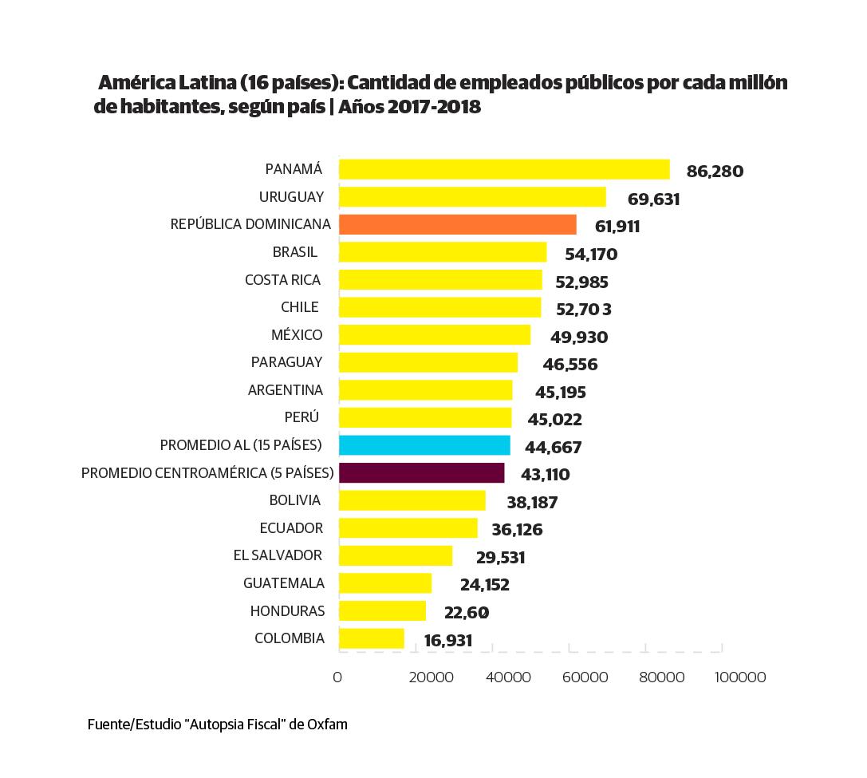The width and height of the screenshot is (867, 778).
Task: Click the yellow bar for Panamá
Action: pos(504,169)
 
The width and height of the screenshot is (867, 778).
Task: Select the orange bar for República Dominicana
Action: pos(458,224)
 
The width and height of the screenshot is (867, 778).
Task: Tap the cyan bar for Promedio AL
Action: pos(424,445)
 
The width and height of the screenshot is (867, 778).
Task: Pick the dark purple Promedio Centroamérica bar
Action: pos(421,473)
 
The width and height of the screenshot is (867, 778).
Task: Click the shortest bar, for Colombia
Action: pos(371,638)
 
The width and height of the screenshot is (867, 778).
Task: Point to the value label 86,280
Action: pos(715,171)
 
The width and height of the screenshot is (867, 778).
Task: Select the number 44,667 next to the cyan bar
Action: pos(553,448)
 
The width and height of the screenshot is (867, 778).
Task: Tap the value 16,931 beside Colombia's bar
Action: pos(448,641)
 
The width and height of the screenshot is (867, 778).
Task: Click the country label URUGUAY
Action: pos(291,196)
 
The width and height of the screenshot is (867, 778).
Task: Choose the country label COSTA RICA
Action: pos(282,279)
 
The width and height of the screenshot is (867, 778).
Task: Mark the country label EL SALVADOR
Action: pos(278,555)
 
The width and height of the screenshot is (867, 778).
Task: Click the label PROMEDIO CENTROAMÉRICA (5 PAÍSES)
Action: pos(207,473)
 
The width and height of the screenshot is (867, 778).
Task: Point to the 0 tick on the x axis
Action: pos(337,677)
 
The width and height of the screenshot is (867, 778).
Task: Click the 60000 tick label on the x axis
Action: pos(585,677)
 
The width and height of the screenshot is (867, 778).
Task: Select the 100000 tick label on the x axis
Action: pos(739,677)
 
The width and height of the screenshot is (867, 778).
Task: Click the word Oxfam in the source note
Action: pos(327,725)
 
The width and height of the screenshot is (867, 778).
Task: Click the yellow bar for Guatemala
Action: pos(384,583)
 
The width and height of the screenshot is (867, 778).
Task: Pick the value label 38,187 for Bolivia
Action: pos(532,503)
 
